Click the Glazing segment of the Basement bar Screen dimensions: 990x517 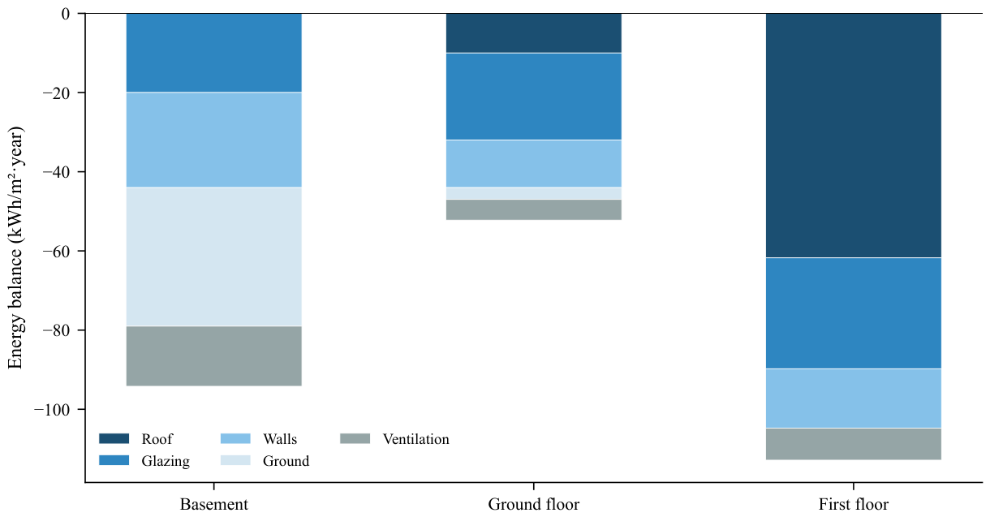tap(214, 53)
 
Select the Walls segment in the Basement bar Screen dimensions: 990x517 tap(214, 140)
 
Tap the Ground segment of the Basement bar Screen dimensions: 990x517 tap(214, 256)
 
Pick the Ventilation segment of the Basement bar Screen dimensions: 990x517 tap(214, 356)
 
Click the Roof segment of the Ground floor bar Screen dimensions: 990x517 tap(533, 33)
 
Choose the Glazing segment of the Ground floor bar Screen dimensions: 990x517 tap(533, 97)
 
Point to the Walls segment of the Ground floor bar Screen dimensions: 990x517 tap(533, 163)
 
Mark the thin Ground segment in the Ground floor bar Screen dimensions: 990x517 tap(533, 193)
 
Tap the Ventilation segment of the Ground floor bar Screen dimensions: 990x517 tap(533, 209)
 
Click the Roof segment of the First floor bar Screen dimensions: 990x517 tap(854, 136)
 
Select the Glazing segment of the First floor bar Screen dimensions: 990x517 tap(854, 313)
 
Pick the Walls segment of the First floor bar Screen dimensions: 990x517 tap(854, 399)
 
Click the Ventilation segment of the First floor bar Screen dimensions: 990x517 tap(854, 444)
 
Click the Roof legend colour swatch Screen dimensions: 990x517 tap(114, 438)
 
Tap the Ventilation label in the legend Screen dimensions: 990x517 tap(416, 439)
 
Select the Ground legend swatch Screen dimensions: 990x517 tap(235, 460)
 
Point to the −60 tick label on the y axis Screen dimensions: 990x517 tap(56, 251)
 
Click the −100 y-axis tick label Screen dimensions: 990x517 tap(52, 410)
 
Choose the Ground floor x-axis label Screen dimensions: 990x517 tap(533, 504)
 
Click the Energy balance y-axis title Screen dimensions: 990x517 tap(15, 248)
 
